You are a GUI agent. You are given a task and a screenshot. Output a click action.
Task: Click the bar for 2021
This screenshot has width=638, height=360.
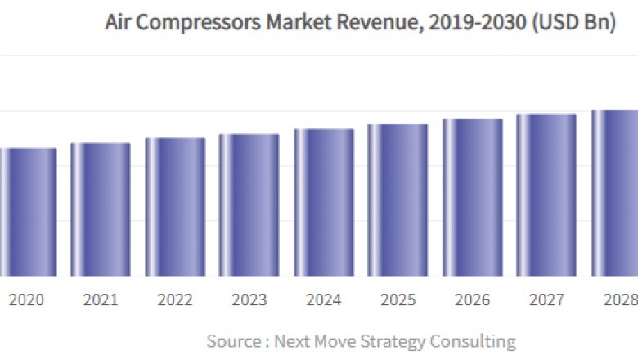tap(100, 209)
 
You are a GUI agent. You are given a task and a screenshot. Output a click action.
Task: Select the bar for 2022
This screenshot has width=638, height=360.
tap(175, 207)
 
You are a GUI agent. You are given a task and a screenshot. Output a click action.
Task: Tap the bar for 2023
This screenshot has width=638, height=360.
tap(249, 205)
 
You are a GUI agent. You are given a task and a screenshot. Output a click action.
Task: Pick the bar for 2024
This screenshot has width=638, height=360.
tap(324, 203)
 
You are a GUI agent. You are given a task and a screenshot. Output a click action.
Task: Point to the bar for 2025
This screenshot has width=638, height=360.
tap(398, 200)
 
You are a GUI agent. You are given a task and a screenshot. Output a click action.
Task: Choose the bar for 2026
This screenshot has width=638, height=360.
tap(473, 198)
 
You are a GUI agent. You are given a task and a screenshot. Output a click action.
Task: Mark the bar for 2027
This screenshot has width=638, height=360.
tap(546, 196)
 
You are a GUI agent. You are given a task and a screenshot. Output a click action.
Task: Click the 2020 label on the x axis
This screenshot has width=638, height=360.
tap(26, 300)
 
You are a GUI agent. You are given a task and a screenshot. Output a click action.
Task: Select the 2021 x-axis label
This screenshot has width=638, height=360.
tap(100, 300)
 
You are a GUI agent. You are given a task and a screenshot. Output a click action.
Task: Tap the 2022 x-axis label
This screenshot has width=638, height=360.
tap(175, 300)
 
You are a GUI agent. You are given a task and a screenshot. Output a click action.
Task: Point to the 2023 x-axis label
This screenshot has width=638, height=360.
tap(249, 300)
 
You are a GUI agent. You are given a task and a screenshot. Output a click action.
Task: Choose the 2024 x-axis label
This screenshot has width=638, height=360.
tap(324, 300)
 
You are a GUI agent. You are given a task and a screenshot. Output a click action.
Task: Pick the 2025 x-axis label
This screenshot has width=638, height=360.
tap(398, 300)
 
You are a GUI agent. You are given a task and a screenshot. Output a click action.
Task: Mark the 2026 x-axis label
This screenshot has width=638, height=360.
tap(473, 300)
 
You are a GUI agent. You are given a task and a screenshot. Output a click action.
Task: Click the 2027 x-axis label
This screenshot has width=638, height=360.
tap(546, 300)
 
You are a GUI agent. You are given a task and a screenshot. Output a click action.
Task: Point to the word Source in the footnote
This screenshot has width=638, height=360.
tap(232, 341)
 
